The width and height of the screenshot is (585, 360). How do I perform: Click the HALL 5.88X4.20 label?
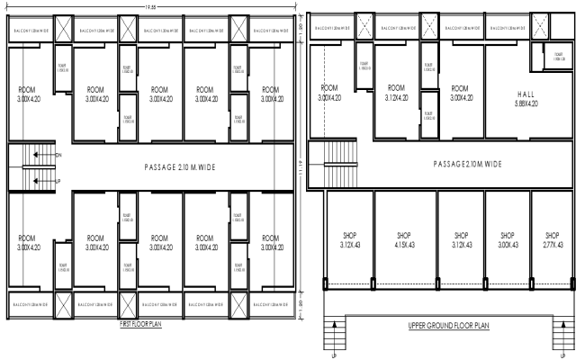coord(526,98)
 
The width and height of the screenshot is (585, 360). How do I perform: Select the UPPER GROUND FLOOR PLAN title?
coord(447,326)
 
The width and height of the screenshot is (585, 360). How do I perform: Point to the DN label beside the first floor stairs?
coord(58,156)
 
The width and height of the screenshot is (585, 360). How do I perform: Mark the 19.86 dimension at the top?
coord(149,6)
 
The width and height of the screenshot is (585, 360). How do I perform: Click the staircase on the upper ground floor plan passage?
coord(340,164)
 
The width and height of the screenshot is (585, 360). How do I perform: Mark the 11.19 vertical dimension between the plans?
coord(303,166)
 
